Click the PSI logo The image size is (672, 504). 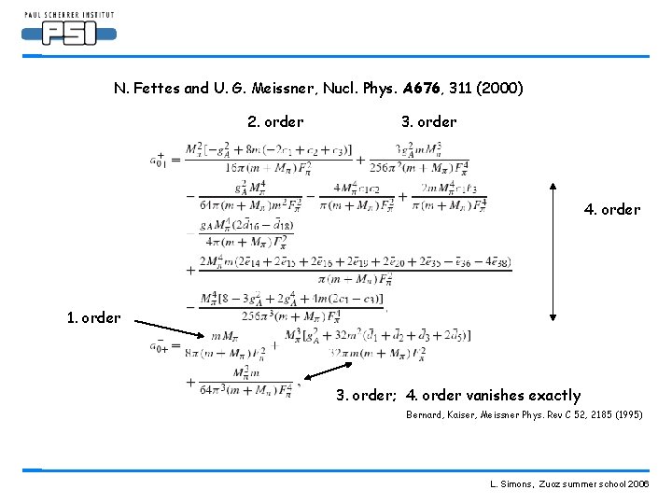pyautogui.click(x=69, y=34)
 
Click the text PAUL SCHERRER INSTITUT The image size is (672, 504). pyautogui.click(x=69, y=15)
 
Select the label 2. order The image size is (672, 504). pyautogui.click(x=275, y=121)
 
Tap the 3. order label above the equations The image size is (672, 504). pyautogui.click(x=428, y=121)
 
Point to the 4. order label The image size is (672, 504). pyautogui.click(x=612, y=209)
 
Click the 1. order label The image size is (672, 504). pyautogui.click(x=93, y=317)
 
